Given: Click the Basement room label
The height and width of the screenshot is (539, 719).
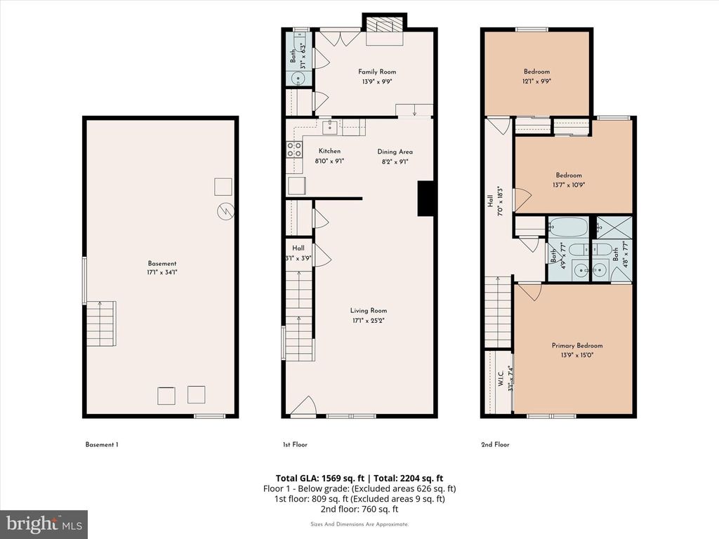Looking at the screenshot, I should pos(161,263).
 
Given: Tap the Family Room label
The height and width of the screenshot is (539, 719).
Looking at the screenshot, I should pos(377,72).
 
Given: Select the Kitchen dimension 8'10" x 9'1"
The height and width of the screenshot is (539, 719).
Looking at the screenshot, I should pos(329,161).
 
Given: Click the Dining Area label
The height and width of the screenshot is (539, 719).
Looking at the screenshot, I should pos(395,152).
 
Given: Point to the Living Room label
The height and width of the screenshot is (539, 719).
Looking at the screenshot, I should pos(369,310).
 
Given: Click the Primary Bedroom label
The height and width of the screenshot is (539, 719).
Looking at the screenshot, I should pos(576,345).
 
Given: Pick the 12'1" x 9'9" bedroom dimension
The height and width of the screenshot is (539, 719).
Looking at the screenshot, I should pos(536,81).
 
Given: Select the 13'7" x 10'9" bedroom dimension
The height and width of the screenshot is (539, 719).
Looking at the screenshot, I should pos(569,185).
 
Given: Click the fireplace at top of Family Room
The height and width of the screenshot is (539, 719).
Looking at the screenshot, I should pos(384,27).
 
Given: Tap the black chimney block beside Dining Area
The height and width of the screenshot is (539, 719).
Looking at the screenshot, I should pos(427,199).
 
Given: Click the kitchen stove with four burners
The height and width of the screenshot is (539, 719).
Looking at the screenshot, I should pos(293,148).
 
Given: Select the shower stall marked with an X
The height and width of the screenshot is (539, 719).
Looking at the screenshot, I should pos(614,227).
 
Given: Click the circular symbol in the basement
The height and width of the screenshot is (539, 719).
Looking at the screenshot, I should pos(225,211).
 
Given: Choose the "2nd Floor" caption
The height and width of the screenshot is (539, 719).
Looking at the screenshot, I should pos(496,444).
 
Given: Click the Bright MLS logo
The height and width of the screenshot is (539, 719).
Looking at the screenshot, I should pos(44,524).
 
